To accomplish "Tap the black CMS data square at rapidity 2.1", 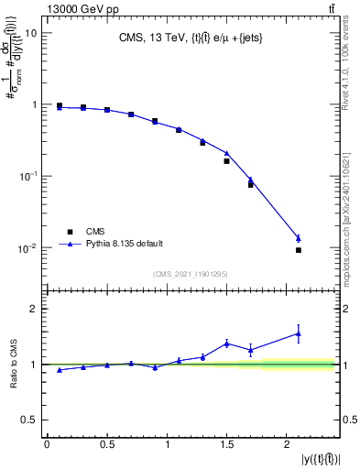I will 299,250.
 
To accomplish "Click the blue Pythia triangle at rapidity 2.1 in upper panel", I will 299,238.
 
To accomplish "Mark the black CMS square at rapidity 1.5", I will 226,161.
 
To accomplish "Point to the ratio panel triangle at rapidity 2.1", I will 299,333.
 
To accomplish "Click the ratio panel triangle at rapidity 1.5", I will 226,344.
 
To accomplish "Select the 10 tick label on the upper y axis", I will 31,33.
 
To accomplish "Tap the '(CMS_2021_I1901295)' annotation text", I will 189,274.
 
